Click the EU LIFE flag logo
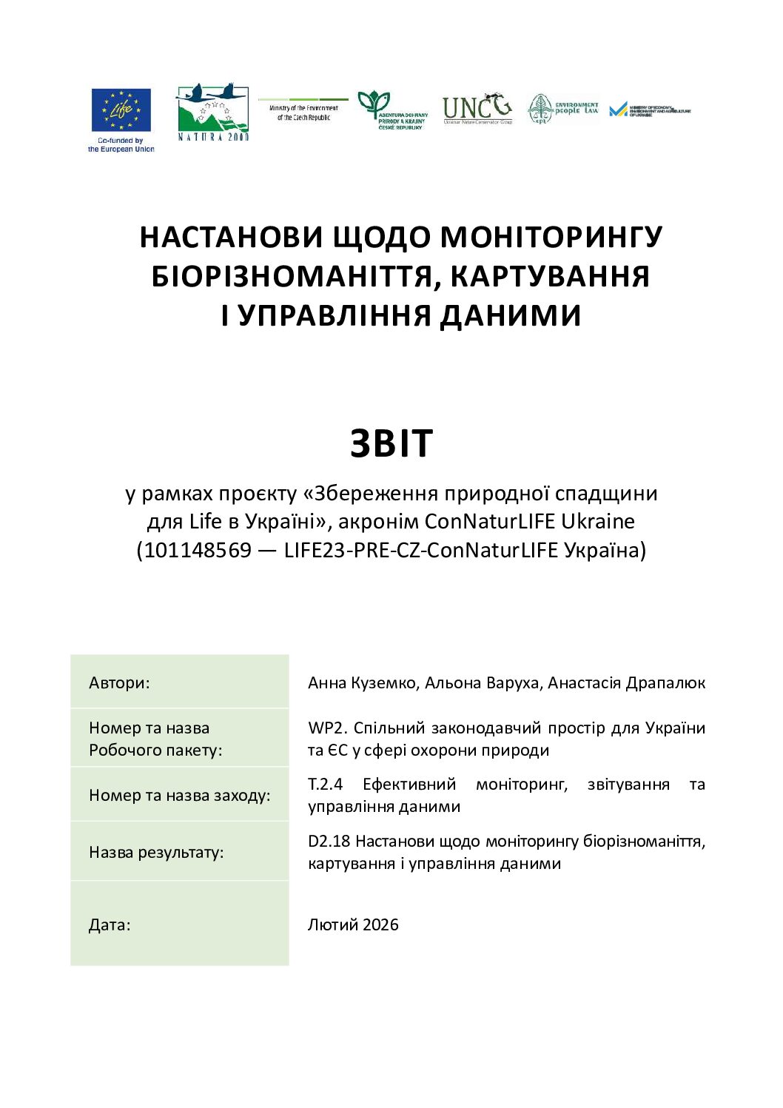click(x=121, y=110)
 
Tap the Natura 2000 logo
click(x=212, y=112)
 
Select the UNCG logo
click(x=477, y=109)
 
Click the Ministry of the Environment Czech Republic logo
click(x=303, y=111)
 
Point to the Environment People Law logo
click(x=563, y=109)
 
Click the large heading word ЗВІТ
click(x=391, y=444)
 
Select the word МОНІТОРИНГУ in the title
click(x=551, y=237)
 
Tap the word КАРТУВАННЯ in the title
click(x=550, y=276)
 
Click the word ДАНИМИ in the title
click(x=510, y=315)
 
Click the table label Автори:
click(x=119, y=682)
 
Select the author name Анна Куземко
click(x=362, y=682)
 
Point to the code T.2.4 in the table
click(x=325, y=784)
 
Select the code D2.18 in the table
click(x=329, y=841)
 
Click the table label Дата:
click(x=110, y=924)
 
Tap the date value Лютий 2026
click(x=353, y=924)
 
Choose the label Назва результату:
click(x=155, y=852)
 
